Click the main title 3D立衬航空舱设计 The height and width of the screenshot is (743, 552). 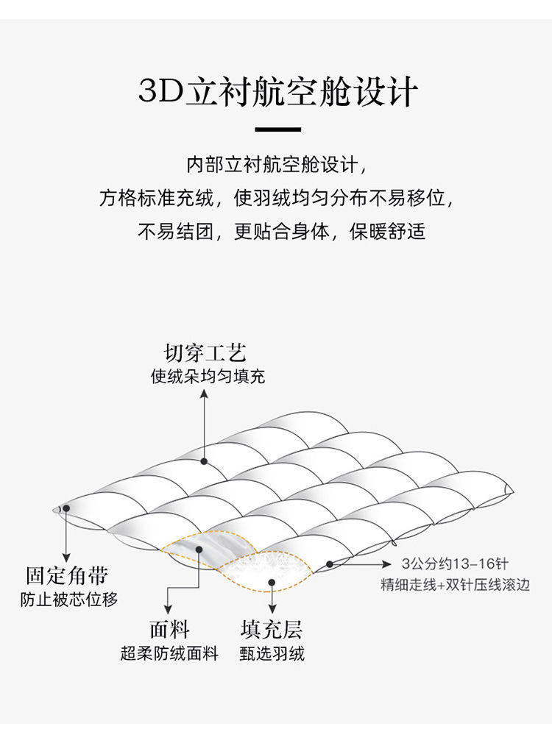coord(278,91)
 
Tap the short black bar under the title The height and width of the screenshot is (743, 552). coord(278,129)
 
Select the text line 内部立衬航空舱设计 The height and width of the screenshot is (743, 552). coord(277,165)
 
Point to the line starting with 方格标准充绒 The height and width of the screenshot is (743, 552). coord(277,198)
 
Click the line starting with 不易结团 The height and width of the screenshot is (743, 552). coord(282,231)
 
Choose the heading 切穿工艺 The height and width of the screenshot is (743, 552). coord(205,353)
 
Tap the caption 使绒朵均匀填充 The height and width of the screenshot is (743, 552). coord(208,377)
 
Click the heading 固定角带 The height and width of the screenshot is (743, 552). coord(67,575)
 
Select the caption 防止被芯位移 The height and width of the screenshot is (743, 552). coord(68,600)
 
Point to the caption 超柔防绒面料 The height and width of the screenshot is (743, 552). coord(169,653)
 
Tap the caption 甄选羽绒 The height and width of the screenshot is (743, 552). coord(272,653)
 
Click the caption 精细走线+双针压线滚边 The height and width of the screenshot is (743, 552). coord(456,585)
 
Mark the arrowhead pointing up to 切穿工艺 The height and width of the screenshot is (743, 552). coord(204,394)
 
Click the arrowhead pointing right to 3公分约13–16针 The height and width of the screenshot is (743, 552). coord(386,564)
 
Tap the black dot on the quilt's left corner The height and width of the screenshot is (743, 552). coord(66,508)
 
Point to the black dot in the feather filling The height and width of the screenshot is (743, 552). coord(272,583)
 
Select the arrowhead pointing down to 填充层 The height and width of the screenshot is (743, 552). coord(272,609)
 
